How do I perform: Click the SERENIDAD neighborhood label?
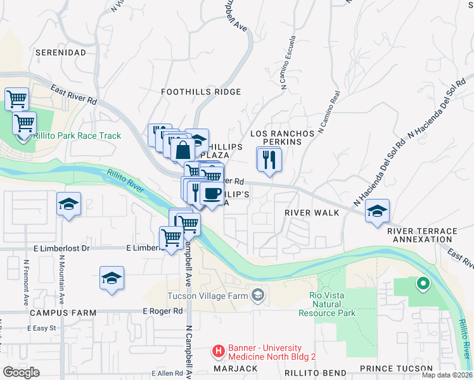[x=60, y=52]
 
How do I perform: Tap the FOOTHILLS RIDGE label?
[x=200, y=92]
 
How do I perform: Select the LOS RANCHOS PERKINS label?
[x=282, y=138]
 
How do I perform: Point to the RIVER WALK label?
[x=311, y=213]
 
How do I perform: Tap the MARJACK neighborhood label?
[x=234, y=368]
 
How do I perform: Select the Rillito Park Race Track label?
[x=77, y=136]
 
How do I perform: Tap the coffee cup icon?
[x=212, y=194]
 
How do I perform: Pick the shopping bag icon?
[x=183, y=150]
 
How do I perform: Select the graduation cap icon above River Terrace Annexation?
[x=377, y=211]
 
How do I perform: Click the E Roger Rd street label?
[x=162, y=311]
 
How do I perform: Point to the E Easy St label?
[x=42, y=328]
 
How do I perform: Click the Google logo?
[x=21, y=372]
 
